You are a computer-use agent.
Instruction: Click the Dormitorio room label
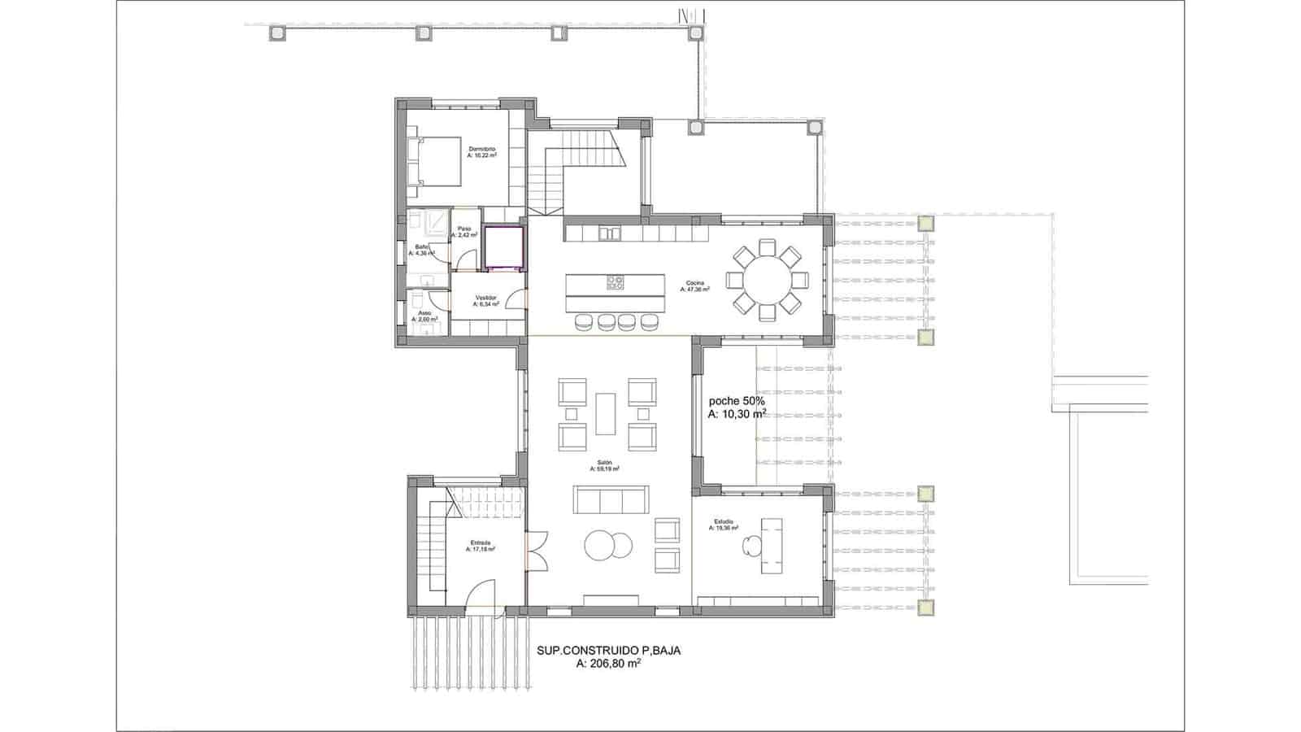tap(481, 149)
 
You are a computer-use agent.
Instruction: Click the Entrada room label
tap(481, 542)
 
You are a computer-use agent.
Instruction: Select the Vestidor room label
tap(485, 298)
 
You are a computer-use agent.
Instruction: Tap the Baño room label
tap(422, 246)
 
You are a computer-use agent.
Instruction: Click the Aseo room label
tap(424, 313)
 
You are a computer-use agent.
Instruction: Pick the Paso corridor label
tap(464, 229)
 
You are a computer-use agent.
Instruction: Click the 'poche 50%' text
tap(736, 401)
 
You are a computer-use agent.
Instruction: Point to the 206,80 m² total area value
tap(608, 664)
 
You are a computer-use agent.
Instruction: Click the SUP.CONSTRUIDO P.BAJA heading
tap(608, 651)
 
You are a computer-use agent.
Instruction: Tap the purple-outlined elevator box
tap(501, 248)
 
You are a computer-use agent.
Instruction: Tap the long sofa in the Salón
tap(611, 499)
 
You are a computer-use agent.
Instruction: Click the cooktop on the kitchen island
tap(616, 283)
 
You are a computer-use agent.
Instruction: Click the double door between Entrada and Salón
tap(537, 551)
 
